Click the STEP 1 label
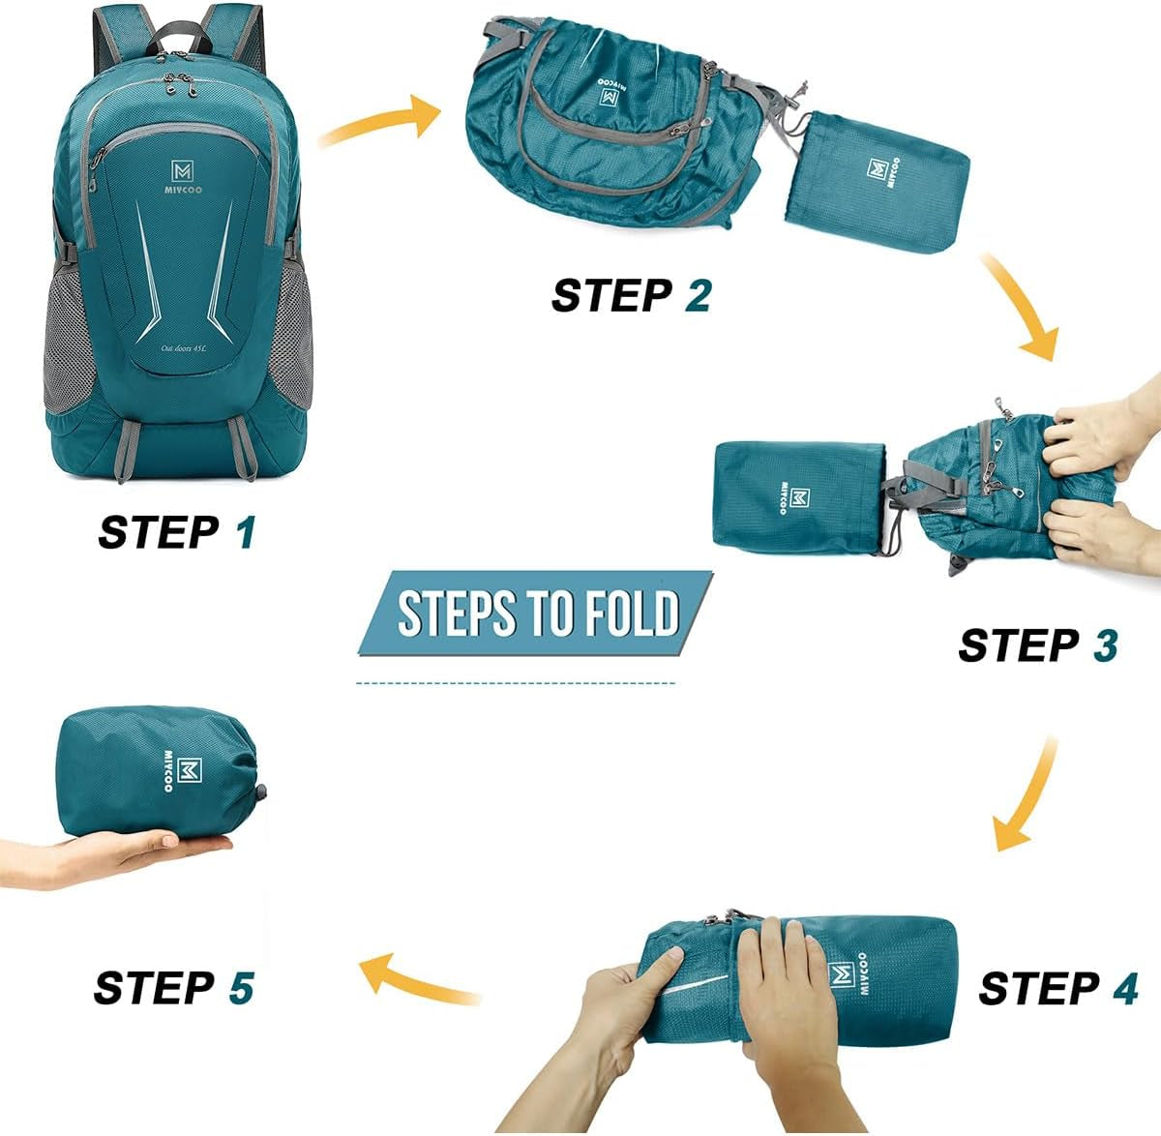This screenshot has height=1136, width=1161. [177, 532]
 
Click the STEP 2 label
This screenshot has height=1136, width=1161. [631, 295]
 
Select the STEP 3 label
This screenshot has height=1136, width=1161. [1037, 645]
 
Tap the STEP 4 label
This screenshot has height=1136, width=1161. [1057, 988]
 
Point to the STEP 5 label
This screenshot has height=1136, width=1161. [174, 988]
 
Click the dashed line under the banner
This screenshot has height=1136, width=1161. [516, 683]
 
